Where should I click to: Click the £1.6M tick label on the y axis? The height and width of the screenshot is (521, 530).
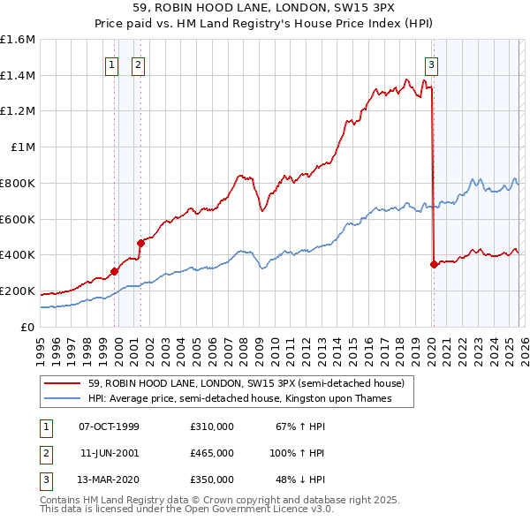pos(18,40)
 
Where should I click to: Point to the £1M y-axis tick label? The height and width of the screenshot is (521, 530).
pos(22,147)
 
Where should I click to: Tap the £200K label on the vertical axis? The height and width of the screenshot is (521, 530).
pos(18,291)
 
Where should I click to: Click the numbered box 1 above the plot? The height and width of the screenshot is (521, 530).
pos(113,64)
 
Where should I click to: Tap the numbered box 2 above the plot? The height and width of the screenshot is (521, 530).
pos(139,64)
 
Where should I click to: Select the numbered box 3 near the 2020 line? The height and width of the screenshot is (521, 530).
pos(431,64)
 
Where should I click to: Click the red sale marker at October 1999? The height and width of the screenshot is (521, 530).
pos(114,271)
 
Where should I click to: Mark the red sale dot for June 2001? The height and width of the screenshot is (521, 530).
pos(140,243)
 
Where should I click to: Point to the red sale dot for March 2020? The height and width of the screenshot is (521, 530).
pos(434,263)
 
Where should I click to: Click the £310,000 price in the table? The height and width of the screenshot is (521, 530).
pos(211,427)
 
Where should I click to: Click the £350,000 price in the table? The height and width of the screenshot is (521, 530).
pos(211,479)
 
